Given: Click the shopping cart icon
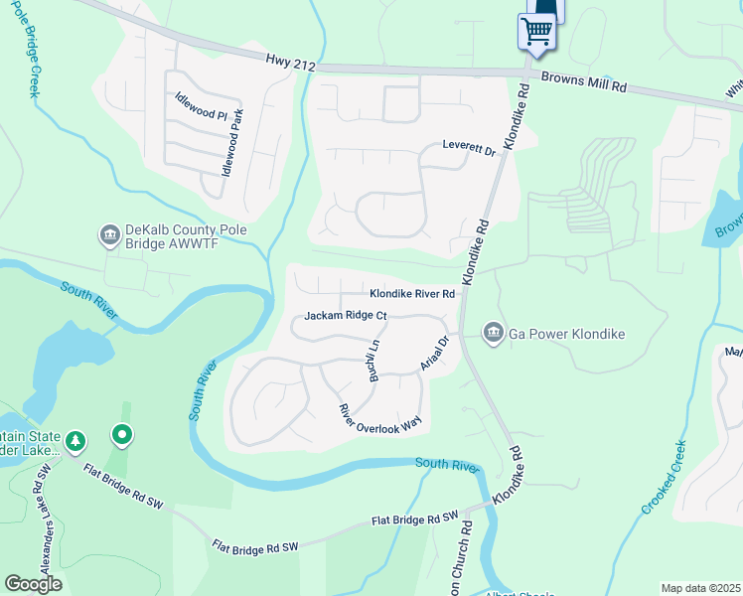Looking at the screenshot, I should pyautogui.click(x=536, y=31).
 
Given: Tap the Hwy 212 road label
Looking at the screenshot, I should pyautogui.click(x=290, y=64).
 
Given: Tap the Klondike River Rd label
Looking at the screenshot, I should pyautogui.click(x=412, y=294).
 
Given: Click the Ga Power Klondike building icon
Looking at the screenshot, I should pyautogui.click(x=493, y=333).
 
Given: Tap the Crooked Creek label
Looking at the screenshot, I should pyautogui.click(x=665, y=477).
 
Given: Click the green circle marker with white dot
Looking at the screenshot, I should pyautogui.click(x=122, y=434).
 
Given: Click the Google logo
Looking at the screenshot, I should pyautogui.click(x=33, y=584).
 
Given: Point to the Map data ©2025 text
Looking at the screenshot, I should pyautogui.click(x=699, y=588).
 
